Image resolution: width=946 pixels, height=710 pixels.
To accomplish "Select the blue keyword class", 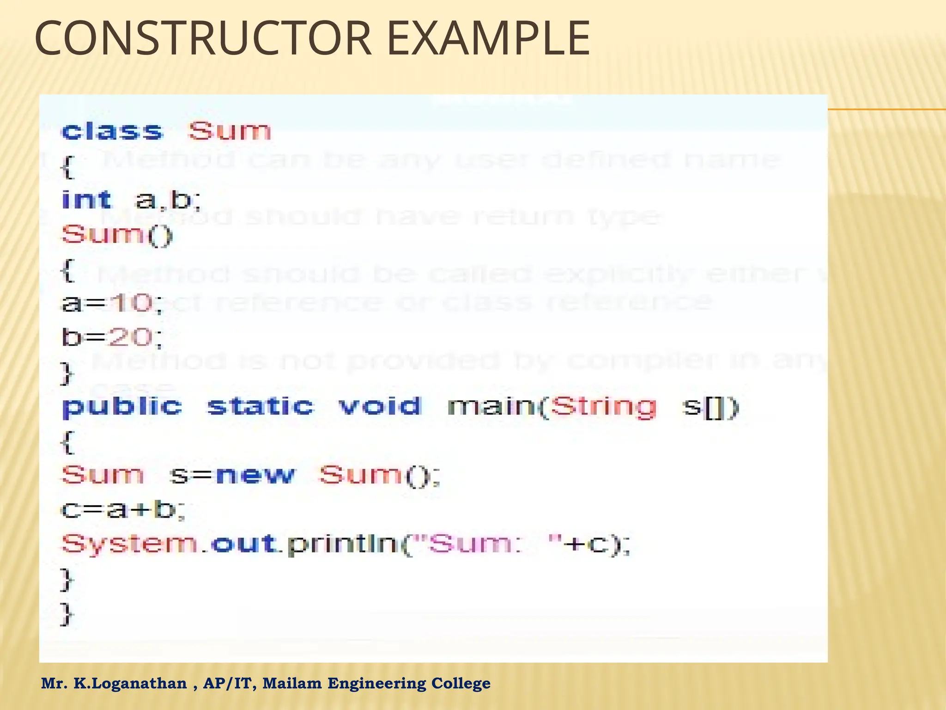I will (112, 131).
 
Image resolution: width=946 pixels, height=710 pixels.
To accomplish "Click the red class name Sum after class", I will (230, 131).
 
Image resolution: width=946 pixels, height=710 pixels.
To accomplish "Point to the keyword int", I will (87, 200).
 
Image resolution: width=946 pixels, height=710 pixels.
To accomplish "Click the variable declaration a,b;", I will (168, 200).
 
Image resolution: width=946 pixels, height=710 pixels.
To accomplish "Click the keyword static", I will (261, 407).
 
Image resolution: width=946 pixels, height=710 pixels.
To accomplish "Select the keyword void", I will (380, 407).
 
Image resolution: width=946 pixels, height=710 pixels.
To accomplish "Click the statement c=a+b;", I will (123, 510).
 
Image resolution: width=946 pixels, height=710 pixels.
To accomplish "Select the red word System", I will (129, 545).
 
